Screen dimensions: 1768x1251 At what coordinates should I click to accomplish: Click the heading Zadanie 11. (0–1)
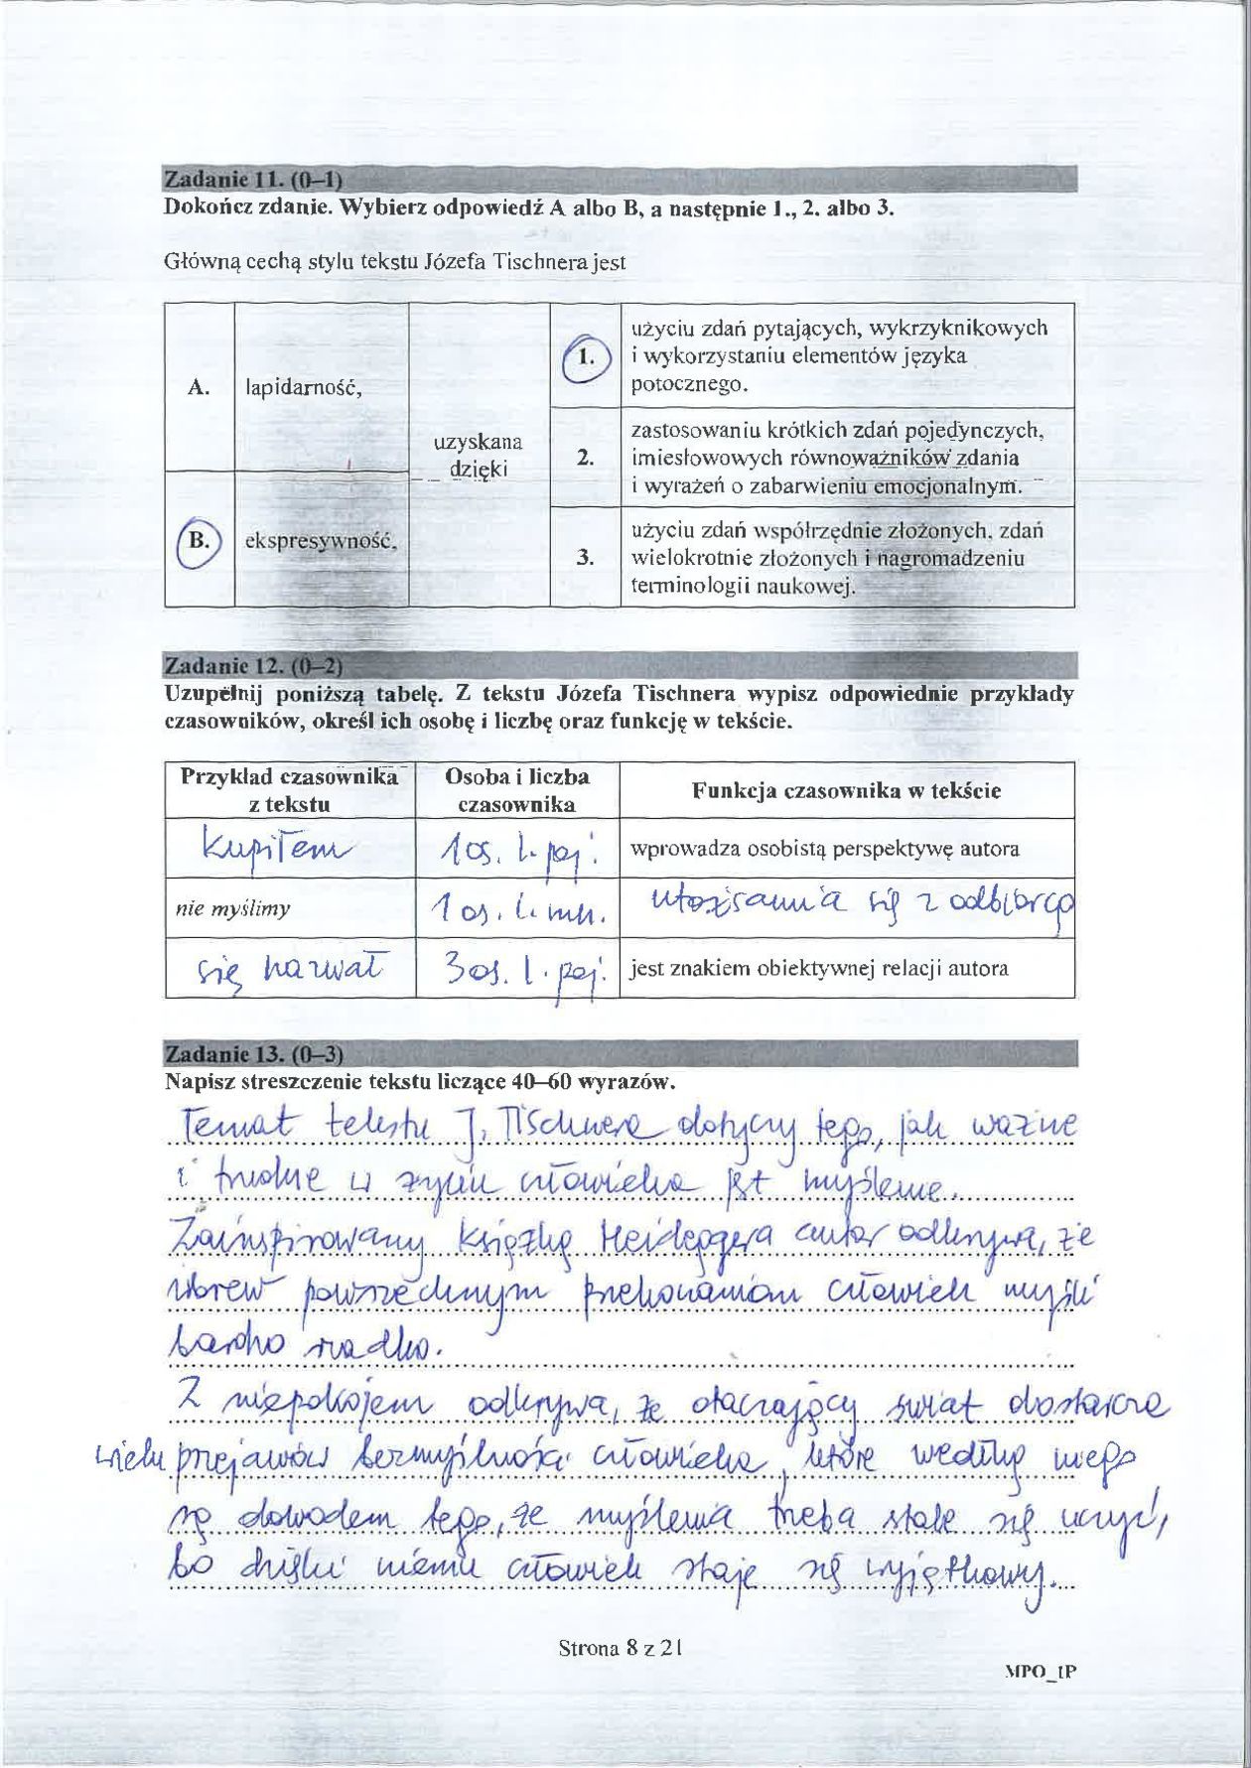(252, 180)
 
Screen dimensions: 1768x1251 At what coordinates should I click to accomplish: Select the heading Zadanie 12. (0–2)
(252, 664)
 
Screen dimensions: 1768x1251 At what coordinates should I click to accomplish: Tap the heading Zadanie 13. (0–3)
(252, 1053)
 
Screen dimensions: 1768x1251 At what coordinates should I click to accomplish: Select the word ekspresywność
(322, 542)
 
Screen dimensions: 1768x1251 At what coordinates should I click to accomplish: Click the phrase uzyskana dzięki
(479, 455)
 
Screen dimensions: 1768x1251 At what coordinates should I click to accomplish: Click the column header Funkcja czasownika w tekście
(846, 790)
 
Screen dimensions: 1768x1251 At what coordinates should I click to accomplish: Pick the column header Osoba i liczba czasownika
(516, 790)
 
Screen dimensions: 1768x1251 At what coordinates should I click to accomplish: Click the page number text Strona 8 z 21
(621, 1649)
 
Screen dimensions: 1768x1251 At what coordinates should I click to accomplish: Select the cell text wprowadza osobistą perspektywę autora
(825, 850)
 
